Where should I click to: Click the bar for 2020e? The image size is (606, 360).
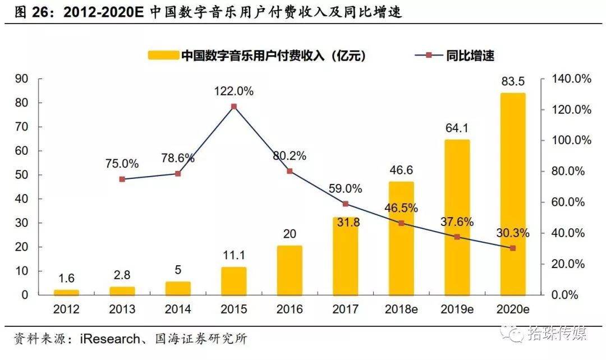click(x=512, y=194)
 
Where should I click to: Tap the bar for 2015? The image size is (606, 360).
click(x=233, y=281)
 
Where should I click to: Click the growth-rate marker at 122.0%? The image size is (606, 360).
click(x=233, y=107)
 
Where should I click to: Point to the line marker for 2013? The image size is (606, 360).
click(x=122, y=179)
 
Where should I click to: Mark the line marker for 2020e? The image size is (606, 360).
click(x=512, y=248)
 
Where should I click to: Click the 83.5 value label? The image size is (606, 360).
click(x=512, y=82)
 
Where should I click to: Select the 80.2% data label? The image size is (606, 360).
click(x=290, y=156)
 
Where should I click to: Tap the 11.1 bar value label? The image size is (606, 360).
click(x=233, y=256)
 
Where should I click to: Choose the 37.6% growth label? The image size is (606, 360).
click(x=457, y=222)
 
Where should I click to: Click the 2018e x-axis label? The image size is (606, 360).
click(x=401, y=309)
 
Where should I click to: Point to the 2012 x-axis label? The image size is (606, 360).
click(x=66, y=309)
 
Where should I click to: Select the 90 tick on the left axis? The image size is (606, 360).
click(x=22, y=79)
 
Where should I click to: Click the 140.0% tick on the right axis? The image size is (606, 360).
click(x=569, y=79)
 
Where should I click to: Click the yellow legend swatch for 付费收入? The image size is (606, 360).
click(x=163, y=56)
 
